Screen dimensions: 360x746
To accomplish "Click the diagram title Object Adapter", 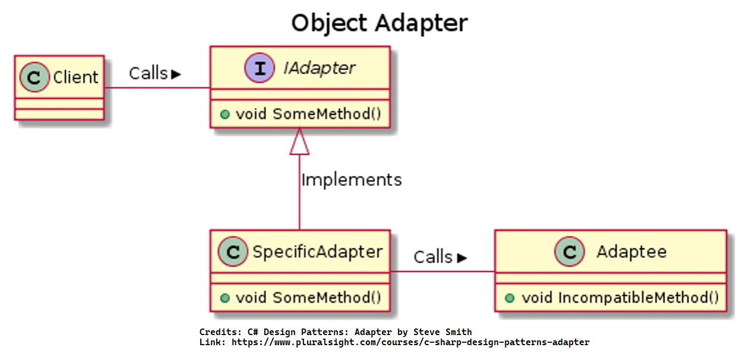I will [379, 24].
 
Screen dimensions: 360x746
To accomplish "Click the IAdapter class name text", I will [319, 68].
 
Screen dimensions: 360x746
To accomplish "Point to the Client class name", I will [75, 77].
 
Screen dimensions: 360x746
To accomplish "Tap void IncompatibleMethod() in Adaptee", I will [619, 298].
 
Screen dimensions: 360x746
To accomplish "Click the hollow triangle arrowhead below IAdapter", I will [299, 141].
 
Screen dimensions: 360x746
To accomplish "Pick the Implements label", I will [351, 179].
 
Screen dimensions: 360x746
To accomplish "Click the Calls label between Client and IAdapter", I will [148, 73].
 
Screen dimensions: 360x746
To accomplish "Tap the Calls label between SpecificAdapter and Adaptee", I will [434, 257].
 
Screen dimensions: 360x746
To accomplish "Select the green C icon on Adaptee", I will [569, 252].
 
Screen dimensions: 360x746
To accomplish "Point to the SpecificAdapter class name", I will [317, 252].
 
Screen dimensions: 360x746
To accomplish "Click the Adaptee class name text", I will [631, 252].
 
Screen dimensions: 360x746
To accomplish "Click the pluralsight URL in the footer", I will [410, 343].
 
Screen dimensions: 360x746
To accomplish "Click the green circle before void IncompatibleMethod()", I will [510, 298].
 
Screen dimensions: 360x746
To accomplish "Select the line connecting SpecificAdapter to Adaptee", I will [442, 271].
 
